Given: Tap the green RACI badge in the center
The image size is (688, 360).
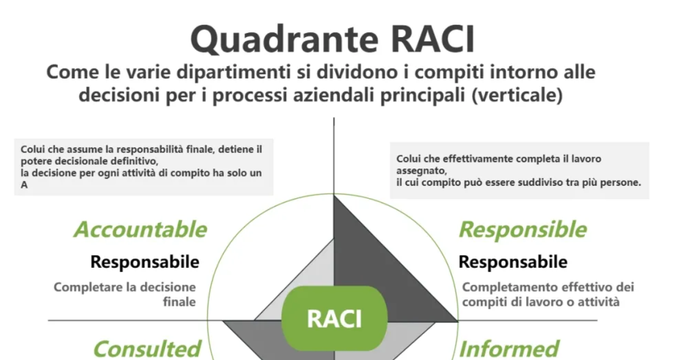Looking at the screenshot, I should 334,319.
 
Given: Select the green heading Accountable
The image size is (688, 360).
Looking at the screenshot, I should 140,229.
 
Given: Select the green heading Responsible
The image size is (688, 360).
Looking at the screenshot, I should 522,229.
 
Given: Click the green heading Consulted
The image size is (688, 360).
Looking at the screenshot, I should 147,349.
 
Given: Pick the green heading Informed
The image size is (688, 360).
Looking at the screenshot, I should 509,349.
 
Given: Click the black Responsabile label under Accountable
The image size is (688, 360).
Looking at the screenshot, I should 145,262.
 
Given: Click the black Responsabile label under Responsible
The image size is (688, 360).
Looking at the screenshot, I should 513,262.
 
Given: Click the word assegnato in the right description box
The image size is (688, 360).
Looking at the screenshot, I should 420,171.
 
